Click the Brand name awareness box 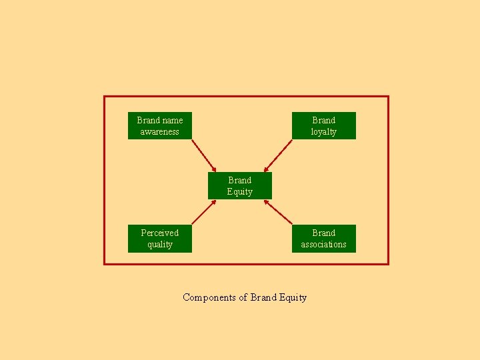point(160,125)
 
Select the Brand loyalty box point(323,125)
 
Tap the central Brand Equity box point(239,185)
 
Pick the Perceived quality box point(160,238)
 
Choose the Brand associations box point(323,238)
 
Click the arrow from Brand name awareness point(203,155)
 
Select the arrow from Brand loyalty point(277,155)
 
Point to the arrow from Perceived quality point(203,213)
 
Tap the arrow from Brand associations point(277,213)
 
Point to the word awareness point(160,131)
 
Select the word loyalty point(323,131)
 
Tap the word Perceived point(160,233)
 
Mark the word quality point(160,244)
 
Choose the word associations point(323,244)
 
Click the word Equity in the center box point(239,191)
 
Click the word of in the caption point(243,297)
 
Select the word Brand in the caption point(262,297)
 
